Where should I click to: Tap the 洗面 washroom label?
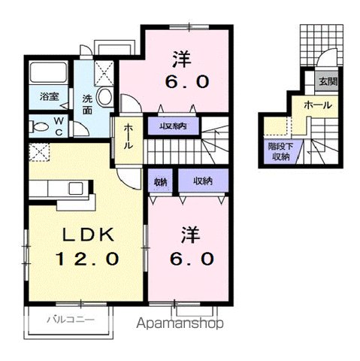pos(87,104)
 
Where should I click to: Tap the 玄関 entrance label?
pos(326,82)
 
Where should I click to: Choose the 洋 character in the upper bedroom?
pos(181,57)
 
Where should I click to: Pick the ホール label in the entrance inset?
pos(316,107)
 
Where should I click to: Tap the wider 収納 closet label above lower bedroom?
pos(202,181)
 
